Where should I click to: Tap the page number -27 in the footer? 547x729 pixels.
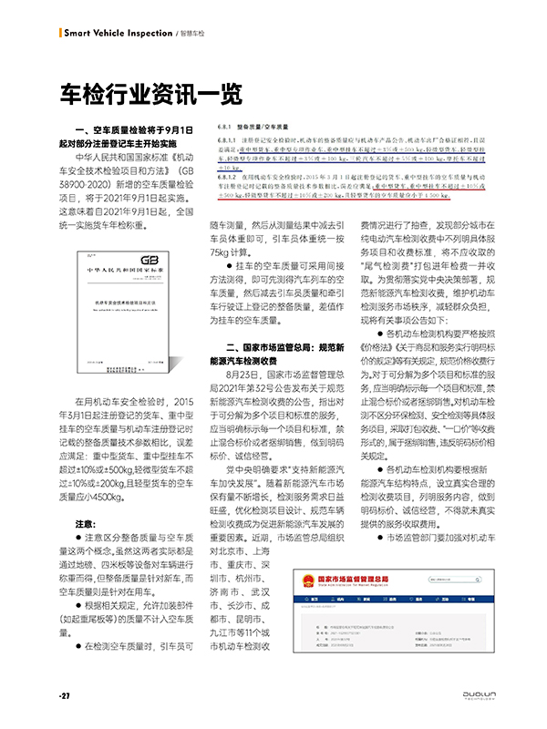coord(65,696)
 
